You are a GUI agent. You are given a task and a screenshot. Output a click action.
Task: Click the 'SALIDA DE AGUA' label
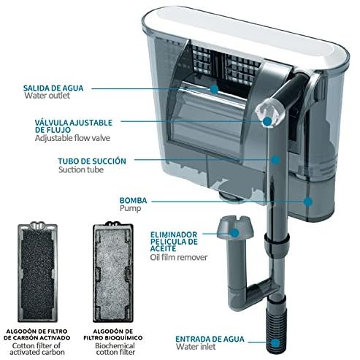click(53, 88)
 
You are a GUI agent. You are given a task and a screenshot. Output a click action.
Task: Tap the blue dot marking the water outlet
click(214, 89)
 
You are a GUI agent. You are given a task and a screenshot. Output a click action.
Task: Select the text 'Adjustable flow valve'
click(72, 138)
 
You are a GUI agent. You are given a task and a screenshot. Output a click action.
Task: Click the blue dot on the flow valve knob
click(267, 121)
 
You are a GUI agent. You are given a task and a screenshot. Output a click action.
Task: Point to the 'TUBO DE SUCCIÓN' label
click(92, 161)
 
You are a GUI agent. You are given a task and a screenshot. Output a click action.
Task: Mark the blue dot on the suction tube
click(275, 160)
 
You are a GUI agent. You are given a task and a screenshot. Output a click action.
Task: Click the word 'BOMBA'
click(133, 201)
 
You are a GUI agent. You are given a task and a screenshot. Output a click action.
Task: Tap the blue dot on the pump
click(308, 202)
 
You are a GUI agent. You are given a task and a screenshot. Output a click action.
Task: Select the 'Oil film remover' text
click(179, 257)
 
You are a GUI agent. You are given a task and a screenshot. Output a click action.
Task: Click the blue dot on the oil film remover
click(234, 233)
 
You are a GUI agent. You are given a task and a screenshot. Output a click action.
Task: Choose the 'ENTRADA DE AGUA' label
click(210, 339)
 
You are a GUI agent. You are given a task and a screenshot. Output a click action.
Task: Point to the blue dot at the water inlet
click(275, 343)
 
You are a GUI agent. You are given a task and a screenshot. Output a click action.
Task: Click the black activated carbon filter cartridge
click(38, 272)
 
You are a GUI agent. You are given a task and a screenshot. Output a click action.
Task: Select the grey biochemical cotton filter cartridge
click(113, 272)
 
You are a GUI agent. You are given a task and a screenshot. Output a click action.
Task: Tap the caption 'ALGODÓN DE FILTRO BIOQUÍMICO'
click(113, 334)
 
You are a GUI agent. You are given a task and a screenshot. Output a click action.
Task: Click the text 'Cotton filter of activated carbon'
click(37, 349)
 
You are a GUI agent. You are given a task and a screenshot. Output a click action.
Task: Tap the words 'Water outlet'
click(47, 96)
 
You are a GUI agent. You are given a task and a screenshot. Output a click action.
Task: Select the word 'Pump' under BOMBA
click(130, 208)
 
